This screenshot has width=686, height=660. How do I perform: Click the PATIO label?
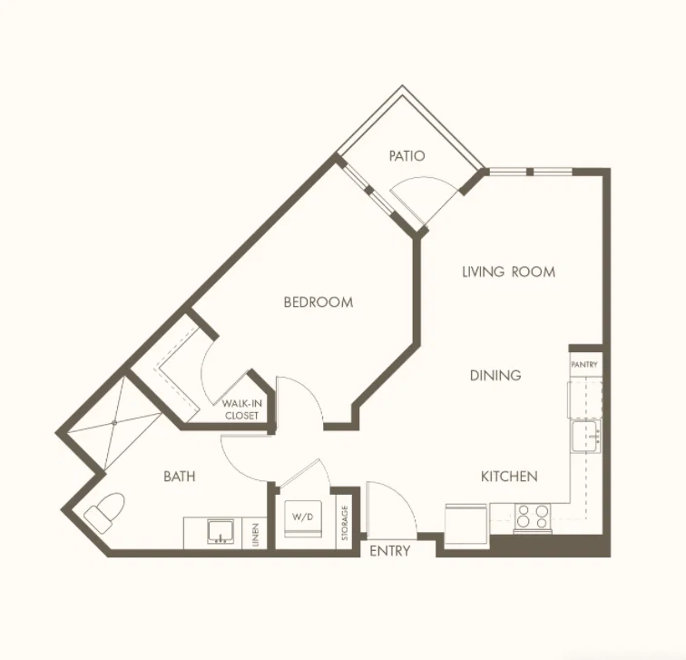click(407, 156)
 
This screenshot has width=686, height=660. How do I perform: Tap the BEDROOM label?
click(318, 302)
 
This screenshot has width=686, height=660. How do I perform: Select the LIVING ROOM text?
click(509, 271)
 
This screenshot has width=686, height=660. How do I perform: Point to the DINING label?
click(495, 375)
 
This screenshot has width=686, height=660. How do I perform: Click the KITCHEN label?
click(509, 477)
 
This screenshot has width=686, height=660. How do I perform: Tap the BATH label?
click(180, 477)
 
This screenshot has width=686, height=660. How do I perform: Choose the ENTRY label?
click(390, 550)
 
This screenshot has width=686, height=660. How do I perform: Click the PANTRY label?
click(584, 365)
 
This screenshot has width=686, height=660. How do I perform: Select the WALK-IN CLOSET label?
click(241, 409)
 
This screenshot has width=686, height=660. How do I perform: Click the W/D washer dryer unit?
click(303, 518)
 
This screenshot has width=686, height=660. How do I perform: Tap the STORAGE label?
click(345, 523)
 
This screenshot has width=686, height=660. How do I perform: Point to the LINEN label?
click(256, 535)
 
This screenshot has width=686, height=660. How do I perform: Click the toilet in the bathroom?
click(105, 512)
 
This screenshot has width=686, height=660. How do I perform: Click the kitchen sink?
click(586, 437)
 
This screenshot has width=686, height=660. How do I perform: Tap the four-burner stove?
click(533, 517)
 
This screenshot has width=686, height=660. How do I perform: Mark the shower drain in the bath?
click(114, 423)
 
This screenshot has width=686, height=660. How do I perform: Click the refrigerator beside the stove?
click(465, 526)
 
